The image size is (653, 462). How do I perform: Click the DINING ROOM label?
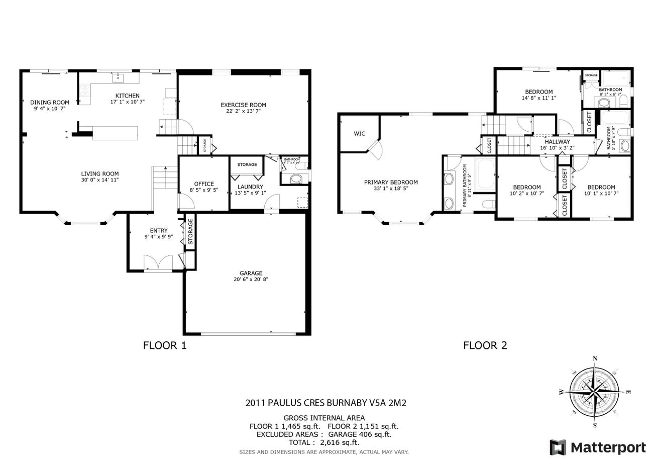(x=50, y=102)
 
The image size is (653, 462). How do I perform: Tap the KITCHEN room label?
(x=128, y=96)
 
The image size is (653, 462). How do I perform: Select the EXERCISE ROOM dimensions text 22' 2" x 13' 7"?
(x=243, y=112)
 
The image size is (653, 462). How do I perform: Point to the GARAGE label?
(x=251, y=273)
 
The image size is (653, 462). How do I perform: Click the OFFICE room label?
(x=204, y=183)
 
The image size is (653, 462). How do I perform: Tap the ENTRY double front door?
(x=158, y=263)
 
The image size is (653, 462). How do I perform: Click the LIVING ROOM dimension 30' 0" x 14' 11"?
(x=100, y=180)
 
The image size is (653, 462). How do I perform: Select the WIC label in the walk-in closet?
(x=360, y=134)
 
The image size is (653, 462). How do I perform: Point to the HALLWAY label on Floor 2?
(x=557, y=142)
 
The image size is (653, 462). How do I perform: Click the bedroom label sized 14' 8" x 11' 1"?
(x=538, y=91)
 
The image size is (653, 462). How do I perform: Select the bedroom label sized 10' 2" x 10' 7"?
(x=527, y=187)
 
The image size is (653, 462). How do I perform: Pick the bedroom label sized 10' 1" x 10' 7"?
(x=601, y=187)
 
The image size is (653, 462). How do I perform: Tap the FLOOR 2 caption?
(x=485, y=345)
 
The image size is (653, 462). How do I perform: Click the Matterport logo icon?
(x=558, y=447)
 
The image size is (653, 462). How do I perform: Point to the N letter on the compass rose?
(x=595, y=358)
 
